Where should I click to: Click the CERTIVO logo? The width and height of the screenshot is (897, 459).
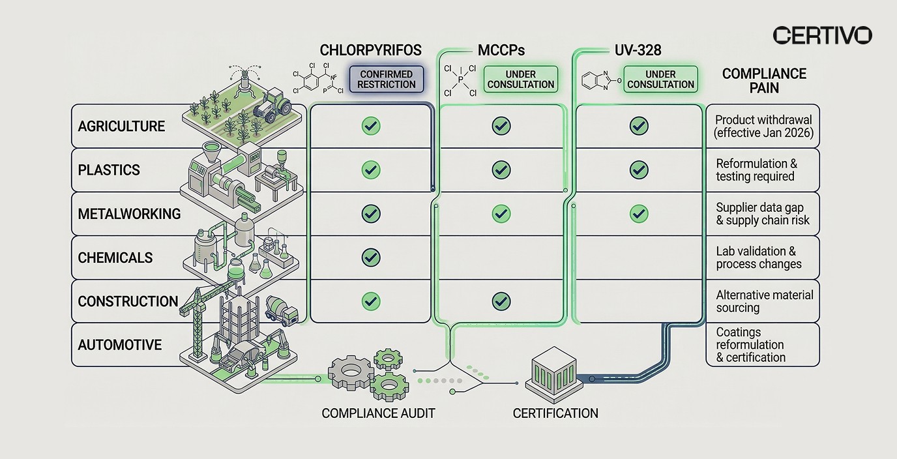coord(822,35)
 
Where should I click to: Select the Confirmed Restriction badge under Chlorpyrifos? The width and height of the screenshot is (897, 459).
coord(387,80)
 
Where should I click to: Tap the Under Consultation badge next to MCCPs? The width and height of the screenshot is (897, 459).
coord(520,80)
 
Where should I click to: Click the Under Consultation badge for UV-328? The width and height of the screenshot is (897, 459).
coord(660,80)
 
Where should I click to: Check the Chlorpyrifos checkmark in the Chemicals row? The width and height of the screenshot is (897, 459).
coord(371,257)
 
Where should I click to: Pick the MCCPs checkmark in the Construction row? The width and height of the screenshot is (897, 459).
coord(501,301)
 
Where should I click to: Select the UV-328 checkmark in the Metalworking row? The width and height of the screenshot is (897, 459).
coord(639,213)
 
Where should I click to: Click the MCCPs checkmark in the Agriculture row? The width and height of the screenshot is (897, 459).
coord(501,126)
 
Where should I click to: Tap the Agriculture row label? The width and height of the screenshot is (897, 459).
coord(122,126)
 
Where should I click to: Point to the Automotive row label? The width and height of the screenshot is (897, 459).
coord(120,345)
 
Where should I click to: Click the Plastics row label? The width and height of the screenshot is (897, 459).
coord(109,170)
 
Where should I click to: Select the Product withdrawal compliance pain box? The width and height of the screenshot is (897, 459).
coord(763,126)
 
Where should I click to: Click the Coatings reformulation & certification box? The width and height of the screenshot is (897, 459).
coord(763,345)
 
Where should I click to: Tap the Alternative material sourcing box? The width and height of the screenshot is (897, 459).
coord(763,301)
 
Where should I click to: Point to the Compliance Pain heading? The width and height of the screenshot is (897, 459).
coord(764,81)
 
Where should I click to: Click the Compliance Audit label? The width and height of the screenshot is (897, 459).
coord(378,413)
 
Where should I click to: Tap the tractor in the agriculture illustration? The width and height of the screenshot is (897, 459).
coord(273,106)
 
